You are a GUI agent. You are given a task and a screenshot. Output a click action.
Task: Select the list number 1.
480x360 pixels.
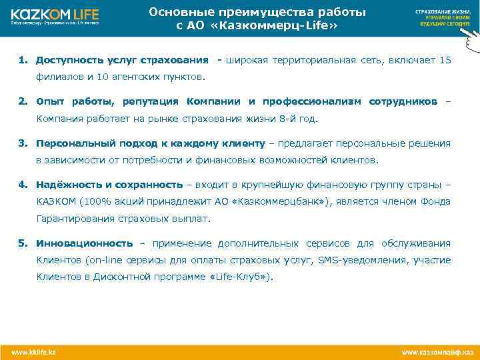(x=23, y=61)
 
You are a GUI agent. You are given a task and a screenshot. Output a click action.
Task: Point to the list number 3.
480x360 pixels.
(x=23, y=143)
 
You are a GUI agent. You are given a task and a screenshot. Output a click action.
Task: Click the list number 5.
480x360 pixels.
(x=23, y=243)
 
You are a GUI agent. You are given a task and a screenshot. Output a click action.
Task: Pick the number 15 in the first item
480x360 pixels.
(x=445, y=61)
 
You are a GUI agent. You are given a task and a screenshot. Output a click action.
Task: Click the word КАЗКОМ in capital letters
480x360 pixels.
(x=55, y=201)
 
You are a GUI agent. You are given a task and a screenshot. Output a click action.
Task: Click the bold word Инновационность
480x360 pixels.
(x=84, y=243)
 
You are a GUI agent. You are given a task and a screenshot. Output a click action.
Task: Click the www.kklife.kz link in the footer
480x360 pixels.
(x=33, y=351)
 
